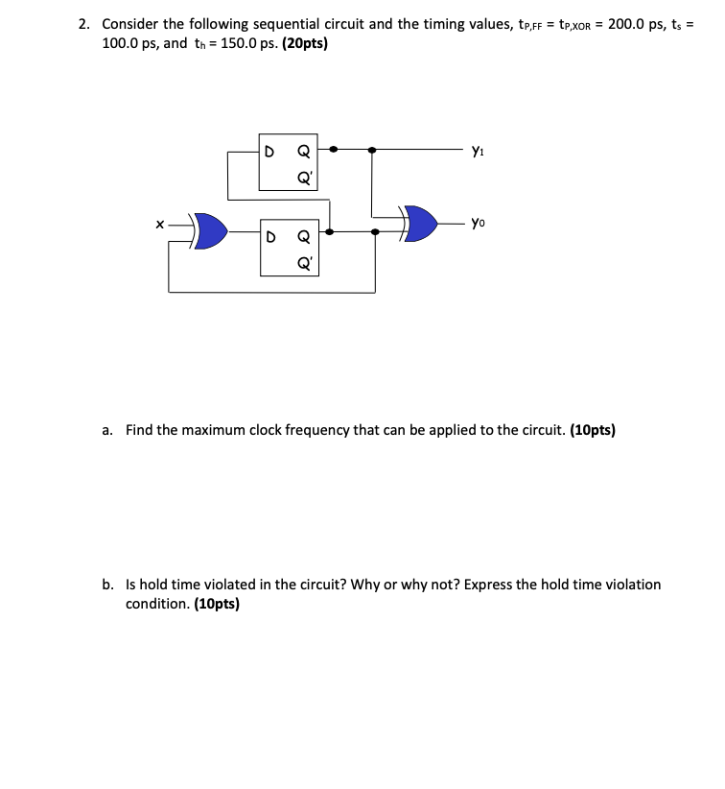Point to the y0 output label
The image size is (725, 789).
479,223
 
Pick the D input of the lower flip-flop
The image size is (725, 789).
270,234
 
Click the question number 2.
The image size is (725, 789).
84,24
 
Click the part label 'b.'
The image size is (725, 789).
109,584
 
